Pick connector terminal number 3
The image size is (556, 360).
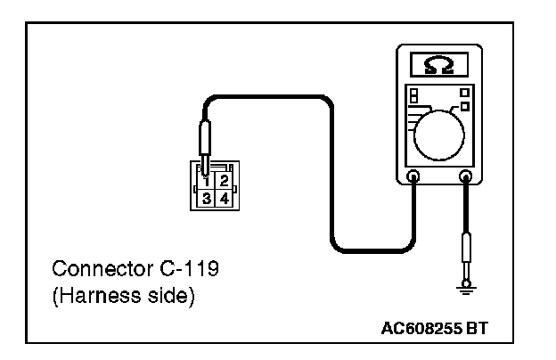207,197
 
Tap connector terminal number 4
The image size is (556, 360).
224,197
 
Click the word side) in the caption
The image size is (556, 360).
168,295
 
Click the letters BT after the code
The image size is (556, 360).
478,329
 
